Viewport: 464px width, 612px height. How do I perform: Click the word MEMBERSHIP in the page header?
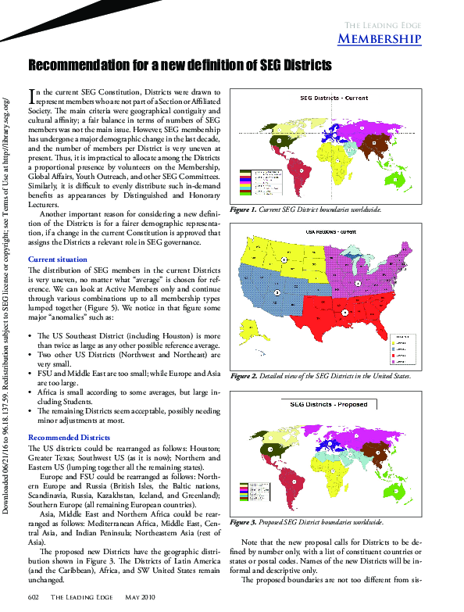380,39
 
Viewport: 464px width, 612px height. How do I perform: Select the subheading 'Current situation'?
57,259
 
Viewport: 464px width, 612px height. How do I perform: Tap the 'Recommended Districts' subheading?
69,437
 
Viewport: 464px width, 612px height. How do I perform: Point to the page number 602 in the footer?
34,597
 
